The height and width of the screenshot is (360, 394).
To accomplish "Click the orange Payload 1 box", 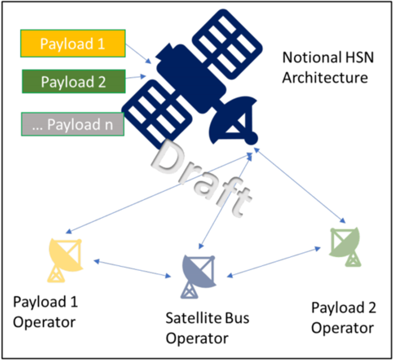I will tap(73, 44).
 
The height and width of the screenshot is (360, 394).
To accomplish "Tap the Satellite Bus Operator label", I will tap(207, 327).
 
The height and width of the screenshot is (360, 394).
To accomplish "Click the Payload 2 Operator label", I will tap(343, 317).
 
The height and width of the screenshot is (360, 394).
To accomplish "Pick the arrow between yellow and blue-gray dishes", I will tap(133, 268).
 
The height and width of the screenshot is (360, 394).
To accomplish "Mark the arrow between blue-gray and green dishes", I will tap(274, 262).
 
